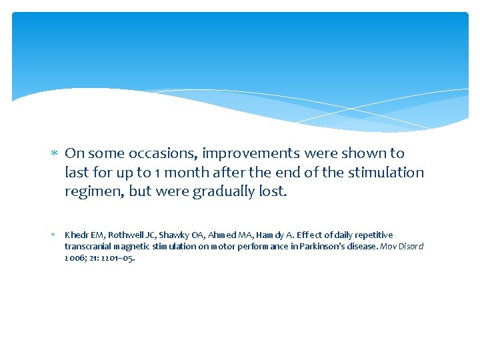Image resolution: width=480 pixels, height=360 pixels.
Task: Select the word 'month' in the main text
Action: [x=183, y=173]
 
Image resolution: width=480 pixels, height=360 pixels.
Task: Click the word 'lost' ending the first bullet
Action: [x=275, y=192]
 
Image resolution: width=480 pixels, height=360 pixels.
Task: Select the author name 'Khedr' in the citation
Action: [x=76, y=235]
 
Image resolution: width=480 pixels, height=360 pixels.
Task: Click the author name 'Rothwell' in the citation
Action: [x=121, y=235]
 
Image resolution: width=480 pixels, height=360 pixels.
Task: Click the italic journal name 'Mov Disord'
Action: [x=403, y=247]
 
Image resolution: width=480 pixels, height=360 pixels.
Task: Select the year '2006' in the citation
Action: [x=73, y=258]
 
